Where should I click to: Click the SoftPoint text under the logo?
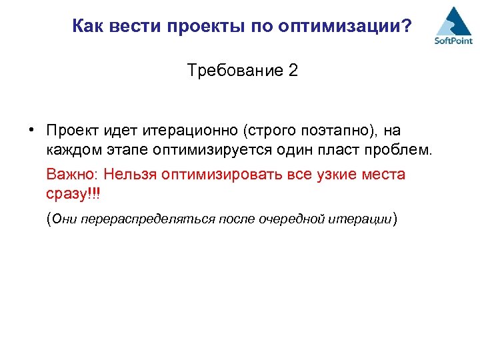point(453,41)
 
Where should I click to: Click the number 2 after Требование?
point(293,70)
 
